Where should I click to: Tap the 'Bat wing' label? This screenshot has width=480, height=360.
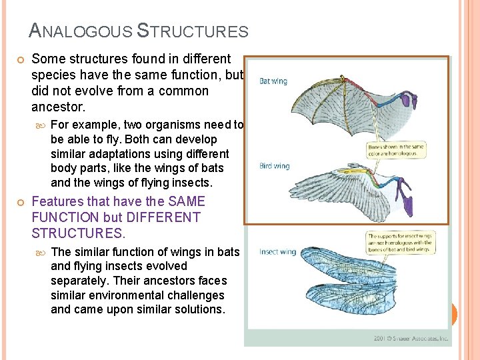click(x=273, y=81)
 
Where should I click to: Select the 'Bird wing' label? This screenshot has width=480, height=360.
click(x=275, y=165)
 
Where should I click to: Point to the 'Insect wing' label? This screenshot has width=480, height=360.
click(x=277, y=251)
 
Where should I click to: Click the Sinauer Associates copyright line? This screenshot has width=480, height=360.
click(x=411, y=339)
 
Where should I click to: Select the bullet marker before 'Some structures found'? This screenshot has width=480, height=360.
click(x=21, y=60)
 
